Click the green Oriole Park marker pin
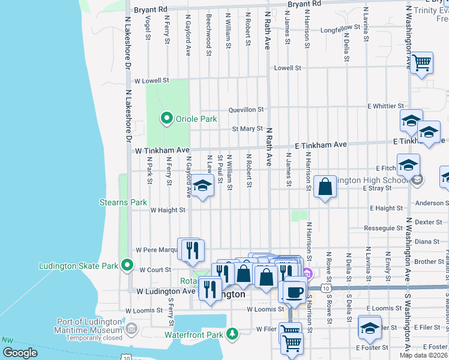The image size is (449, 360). [x=167, y=119]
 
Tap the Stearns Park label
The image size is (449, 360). [x=122, y=202]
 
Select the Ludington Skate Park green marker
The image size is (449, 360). [x=127, y=264]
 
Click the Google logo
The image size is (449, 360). [x=20, y=353]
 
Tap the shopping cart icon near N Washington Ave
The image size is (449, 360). [x=422, y=62]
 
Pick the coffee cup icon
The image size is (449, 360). [x=294, y=292]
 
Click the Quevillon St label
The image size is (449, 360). [x=246, y=110]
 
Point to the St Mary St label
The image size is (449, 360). [x=248, y=128]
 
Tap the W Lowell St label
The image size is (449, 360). [x=152, y=80]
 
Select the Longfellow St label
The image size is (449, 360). [x=340, y=28]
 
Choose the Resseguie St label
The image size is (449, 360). [x=384, y=228]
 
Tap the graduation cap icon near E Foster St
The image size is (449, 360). [x=370, y=327]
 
